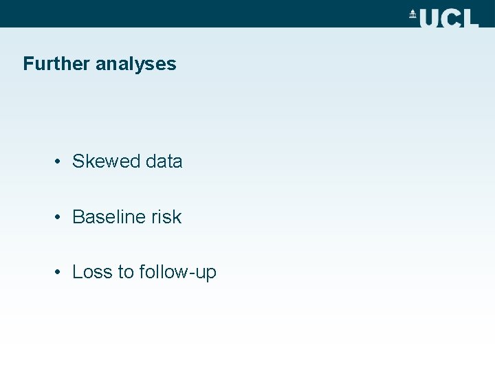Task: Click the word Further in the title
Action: point(57,64)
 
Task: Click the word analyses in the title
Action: point(136,64)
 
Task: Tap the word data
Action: point(164,161)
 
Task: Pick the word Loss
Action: point(92,272)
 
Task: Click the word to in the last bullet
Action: point(125,272)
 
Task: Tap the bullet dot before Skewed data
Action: point(60,162)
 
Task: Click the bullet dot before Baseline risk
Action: point(60,217)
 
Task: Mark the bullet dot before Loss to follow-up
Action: point(60,272)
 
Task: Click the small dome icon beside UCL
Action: point(413,14)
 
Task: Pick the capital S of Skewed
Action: point(78,161)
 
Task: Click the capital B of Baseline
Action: point(78,216)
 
